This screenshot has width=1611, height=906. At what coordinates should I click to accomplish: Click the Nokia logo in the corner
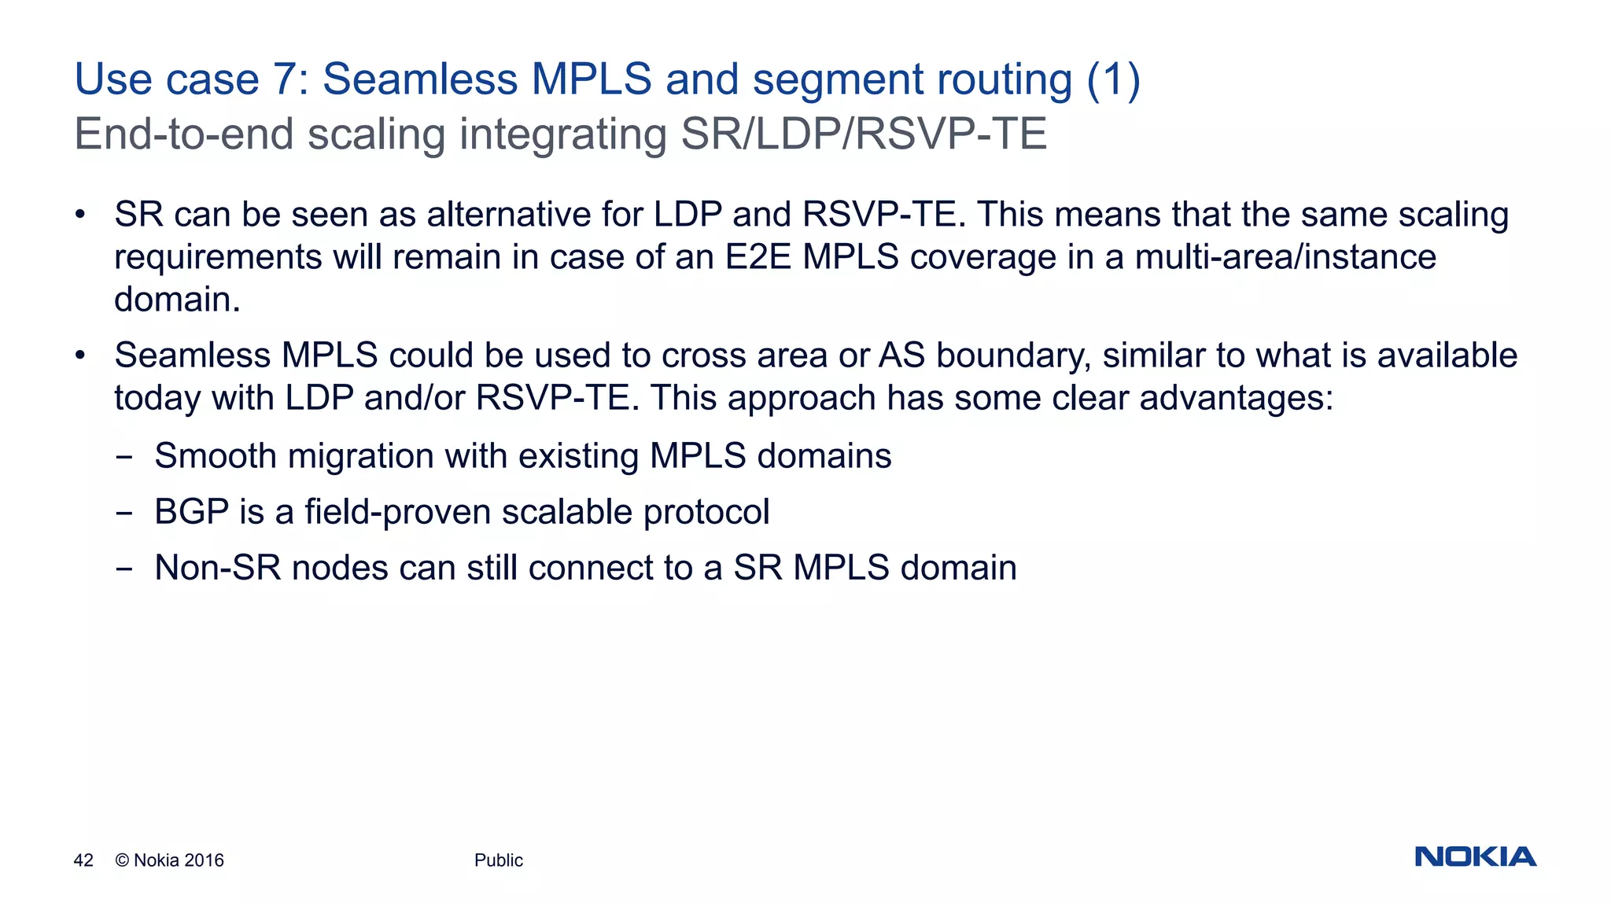1475,856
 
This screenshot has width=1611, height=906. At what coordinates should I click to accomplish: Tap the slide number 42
83,860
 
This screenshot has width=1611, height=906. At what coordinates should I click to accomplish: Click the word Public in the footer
498,860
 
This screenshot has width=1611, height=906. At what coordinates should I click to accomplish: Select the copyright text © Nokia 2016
169,860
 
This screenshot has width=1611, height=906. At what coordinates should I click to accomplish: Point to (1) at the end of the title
1113,79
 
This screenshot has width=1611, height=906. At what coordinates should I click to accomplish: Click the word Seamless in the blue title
419,79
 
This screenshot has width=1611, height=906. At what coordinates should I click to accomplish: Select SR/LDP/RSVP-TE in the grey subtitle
864,134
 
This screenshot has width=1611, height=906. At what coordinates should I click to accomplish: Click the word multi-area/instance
1285,257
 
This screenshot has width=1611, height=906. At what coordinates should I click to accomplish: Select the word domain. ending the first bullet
177,300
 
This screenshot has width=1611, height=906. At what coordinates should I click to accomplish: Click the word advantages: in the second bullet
1237,398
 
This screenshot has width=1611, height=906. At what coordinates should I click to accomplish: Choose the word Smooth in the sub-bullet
216,456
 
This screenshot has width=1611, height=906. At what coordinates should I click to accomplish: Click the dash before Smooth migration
123,457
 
